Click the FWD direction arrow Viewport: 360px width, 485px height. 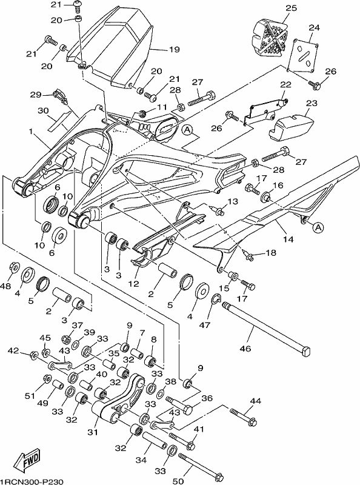[27, 458]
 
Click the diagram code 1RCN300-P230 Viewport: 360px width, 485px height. [32, 481]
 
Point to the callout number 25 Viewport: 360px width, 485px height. [291, 8]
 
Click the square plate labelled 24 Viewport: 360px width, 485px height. [302, 55]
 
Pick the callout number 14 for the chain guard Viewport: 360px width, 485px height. [288, 239]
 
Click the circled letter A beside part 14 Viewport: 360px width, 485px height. [319, 228]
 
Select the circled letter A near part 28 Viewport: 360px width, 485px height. [187, 130]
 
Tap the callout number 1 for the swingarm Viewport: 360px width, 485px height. [31, 132]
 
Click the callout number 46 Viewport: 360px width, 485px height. [245, 349]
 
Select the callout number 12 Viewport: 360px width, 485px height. [133, 284]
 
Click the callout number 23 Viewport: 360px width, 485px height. [312, 103]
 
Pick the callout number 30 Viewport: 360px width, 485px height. [44, 110]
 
